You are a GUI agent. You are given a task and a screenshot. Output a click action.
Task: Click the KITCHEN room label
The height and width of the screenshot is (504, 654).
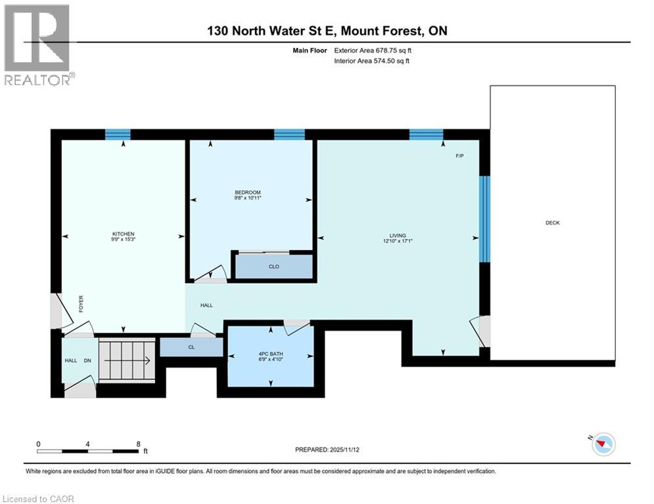[x=123, y=234]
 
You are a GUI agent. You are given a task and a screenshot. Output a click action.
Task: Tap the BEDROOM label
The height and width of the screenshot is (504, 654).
[x=249, y=192]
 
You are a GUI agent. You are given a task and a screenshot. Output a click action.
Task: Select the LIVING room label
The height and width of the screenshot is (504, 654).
[x=397, y=236]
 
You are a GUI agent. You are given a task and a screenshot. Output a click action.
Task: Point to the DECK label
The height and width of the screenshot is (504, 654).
[x=552, y=223]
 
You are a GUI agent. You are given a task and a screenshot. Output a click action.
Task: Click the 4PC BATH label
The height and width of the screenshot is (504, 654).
[x=270, y=355]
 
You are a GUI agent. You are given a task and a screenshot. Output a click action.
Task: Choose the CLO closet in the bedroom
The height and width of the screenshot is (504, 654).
[x=274, y=266]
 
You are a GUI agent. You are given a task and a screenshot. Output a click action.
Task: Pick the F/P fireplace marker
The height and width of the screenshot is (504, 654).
[x=460, y=156]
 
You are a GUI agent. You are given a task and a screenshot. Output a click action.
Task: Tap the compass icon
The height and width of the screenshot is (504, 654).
[x=603, y=444]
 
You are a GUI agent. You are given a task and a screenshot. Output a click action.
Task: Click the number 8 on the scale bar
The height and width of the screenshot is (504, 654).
[x=138, y=444]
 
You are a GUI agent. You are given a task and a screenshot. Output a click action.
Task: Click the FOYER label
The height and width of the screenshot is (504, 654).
[x=82, y=304]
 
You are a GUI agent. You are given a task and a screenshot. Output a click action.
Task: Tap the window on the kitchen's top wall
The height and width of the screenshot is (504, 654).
[x=118, y=135]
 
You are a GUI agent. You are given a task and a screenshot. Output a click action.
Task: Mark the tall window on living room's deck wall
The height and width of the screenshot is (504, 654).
[x=484, y=219]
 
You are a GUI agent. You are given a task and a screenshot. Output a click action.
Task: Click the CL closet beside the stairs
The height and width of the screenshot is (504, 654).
[x=191, y=347]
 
